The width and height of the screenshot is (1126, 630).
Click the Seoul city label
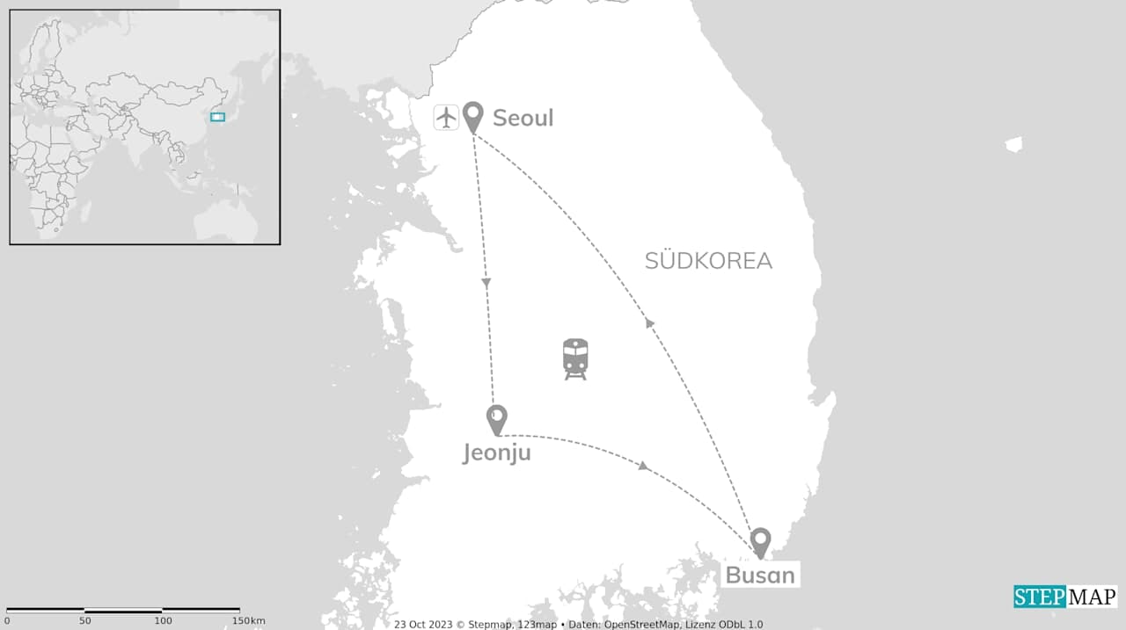523,118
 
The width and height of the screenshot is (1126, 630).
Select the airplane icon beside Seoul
447,117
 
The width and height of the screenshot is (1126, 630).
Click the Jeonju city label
497,453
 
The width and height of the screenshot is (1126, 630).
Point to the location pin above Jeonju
497,418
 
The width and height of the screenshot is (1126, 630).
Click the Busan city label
760,576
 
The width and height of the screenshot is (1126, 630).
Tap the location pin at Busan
760,541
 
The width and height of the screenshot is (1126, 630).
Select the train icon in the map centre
575,358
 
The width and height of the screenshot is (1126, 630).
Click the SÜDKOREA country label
708,261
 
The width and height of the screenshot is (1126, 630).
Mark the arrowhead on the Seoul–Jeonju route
486,283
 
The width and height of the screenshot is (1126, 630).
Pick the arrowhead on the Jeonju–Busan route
644,466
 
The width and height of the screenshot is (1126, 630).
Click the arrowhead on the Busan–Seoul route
650,323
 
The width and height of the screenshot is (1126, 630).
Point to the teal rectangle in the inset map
217,117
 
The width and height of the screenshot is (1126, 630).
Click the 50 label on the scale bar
84,621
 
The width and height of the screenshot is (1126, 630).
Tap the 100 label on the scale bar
163,621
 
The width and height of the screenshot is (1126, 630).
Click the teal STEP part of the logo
1040,597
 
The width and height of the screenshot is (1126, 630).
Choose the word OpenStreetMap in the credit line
645,625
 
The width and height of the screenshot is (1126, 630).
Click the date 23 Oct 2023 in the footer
423,625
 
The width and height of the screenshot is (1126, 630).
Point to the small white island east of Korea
1013,144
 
